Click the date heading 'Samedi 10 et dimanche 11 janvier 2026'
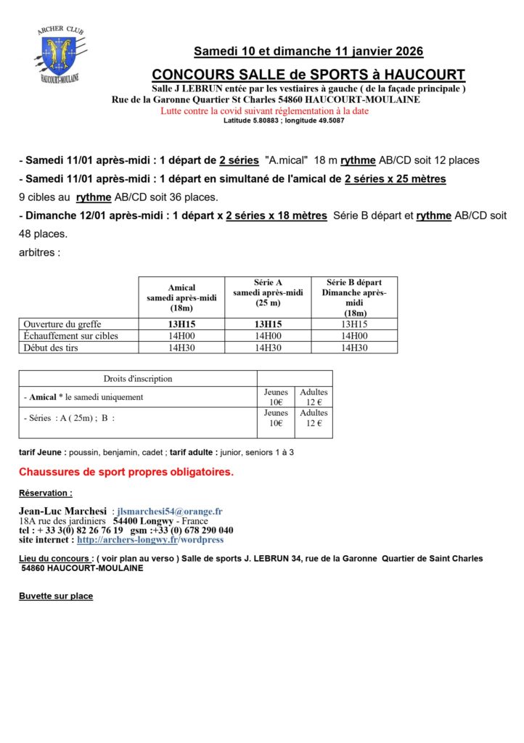(308, 52)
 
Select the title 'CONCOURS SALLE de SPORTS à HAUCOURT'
(308, 75)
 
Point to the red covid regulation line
(264, 111)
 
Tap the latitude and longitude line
(284, 120)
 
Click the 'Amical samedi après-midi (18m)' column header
(181, 297)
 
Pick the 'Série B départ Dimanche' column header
(354, 297)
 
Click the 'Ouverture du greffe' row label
(62, 324)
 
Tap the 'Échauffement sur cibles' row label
(70, 336)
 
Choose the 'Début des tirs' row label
(51, 348)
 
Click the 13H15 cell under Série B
(354, 324)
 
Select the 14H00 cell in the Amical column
(181, 336)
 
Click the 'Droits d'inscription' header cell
(138, 378)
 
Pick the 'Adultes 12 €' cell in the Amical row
(314, 397)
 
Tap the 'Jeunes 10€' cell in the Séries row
(276, 418)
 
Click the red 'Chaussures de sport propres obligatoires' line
(126, 472)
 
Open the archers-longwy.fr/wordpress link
(150, 540)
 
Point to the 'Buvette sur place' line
(56, 596)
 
